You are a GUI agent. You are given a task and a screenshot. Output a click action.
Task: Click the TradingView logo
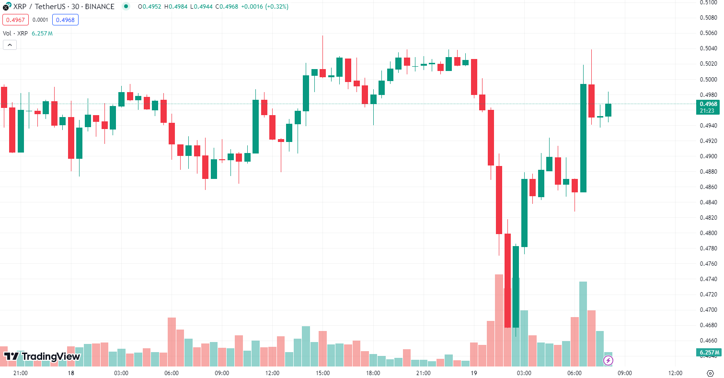click(x=42, y=356)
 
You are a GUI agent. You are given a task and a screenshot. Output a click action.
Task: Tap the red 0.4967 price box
click(x=15, y=20)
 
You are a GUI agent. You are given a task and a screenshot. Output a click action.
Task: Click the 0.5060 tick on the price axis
click(x=708, y=33)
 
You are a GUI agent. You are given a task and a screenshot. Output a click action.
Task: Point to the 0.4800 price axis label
click(x=708, y=233)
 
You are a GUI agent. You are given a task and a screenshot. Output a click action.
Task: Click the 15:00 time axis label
click(x=322, y=373)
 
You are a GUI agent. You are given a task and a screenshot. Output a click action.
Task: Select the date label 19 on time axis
click(x=473, y=373)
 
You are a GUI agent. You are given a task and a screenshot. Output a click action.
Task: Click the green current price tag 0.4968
click(x=708, y=107)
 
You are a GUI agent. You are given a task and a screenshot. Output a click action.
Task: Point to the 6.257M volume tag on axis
click(x=708, y=353)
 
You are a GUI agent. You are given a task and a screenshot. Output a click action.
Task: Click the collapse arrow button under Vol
click(x=10, y=45)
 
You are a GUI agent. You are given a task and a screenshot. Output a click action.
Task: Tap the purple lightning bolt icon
click(x=609, y=360)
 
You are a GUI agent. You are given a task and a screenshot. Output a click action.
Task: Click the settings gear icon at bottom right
click(x=710, y=373)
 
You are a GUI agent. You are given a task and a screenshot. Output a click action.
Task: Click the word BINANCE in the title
click(x=100, y=7)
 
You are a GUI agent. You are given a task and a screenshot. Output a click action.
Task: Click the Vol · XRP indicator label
click(x=15, y=33)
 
